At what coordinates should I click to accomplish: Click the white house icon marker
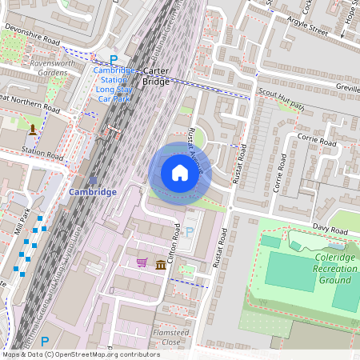(x=180, y=173)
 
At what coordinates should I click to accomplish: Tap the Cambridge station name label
(x=93, y=192)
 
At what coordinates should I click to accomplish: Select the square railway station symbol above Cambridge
(x=93, y=179)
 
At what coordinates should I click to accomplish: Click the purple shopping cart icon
(x=142, y=262)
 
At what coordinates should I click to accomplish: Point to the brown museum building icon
(x=161, y=265)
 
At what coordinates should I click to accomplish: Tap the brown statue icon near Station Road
(x=33, y=129)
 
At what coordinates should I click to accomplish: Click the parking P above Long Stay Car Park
(x=114, y=59)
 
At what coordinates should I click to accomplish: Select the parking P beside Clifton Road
(x=190, y=232)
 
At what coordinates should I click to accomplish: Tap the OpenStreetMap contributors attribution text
(x=80, y=354)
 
